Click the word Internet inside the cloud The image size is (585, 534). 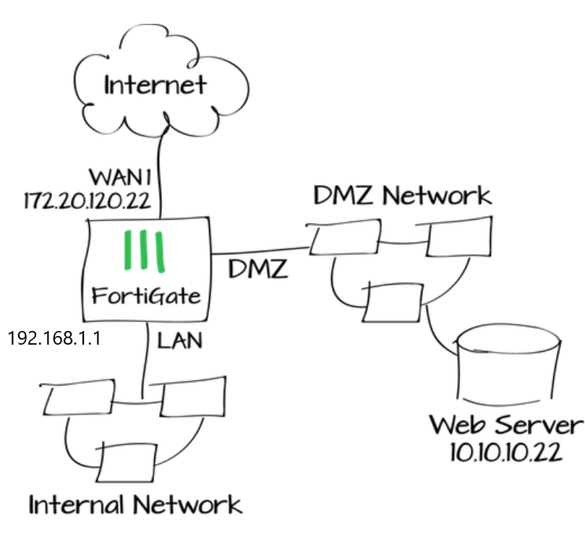click(155, 85)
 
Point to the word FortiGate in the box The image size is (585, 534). click(145, 296)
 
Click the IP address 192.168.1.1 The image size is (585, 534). click(54, 337)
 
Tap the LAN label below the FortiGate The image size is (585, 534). click(179, 340)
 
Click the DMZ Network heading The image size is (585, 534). click(402, 195)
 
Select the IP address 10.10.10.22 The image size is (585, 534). click(505, 452)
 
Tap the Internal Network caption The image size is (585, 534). click(134, 504)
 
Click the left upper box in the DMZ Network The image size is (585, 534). click(341, 238)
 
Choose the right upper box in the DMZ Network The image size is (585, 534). click(458, 238)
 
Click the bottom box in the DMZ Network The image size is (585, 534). click(394, 302)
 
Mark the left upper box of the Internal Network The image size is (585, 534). click(77, 396)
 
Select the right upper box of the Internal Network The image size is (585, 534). click(192, 396)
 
